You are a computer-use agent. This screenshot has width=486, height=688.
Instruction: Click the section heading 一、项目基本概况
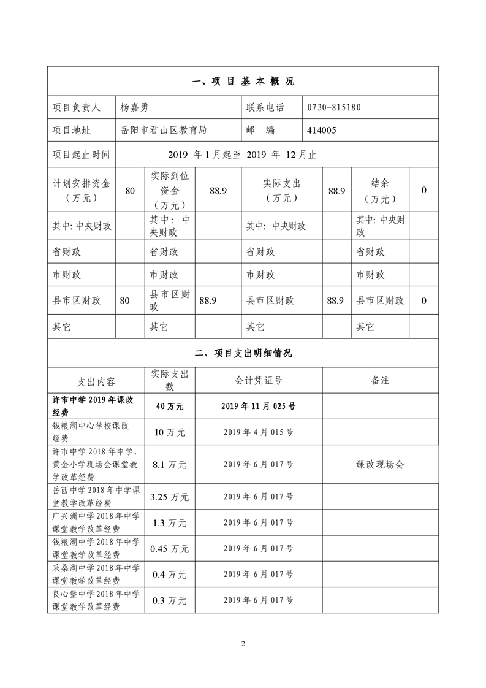[x=243, y=82]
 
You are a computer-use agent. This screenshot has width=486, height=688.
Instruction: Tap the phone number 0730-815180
[x=334, y=107]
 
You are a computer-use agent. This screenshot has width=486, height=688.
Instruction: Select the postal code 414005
[x=322, y=130]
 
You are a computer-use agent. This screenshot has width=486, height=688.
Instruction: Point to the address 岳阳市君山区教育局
[x=164, y=130]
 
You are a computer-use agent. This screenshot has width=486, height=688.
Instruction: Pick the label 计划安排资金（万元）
[x=81, y=190]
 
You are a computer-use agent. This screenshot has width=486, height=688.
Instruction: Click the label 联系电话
[x=265, y=107]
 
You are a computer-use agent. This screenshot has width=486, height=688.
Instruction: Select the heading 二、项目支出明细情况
[x=243, y=353]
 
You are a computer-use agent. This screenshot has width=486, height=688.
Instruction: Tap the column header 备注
[x=380, y=380]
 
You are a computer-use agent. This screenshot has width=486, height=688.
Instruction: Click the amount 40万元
[x=170, y=406]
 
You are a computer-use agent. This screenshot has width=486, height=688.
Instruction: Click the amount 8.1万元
[x=170, y=465]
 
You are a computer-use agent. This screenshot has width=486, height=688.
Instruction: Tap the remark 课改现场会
[x=380, y=465]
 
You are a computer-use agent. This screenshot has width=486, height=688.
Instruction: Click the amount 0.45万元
[x=170, y=549]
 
